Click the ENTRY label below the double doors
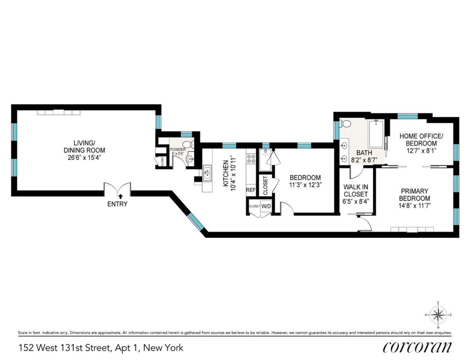pos(117,204)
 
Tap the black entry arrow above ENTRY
pos(120,197)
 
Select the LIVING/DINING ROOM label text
pos(84,147)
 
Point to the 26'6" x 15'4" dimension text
pos(84,158)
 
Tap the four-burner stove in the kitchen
pos(251,159)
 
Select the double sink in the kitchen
pos(207,173)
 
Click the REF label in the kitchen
pos(251,190)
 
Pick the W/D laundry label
pos(266,206)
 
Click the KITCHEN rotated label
pos(226,174)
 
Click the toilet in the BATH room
pos(345,124)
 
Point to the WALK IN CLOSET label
pos(356,191)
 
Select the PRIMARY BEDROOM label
pos(414,195)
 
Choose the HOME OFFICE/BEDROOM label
pos(421,140)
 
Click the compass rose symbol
pos(438,315)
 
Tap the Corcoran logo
pos(417,347)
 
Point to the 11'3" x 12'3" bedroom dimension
pos(305,185)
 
